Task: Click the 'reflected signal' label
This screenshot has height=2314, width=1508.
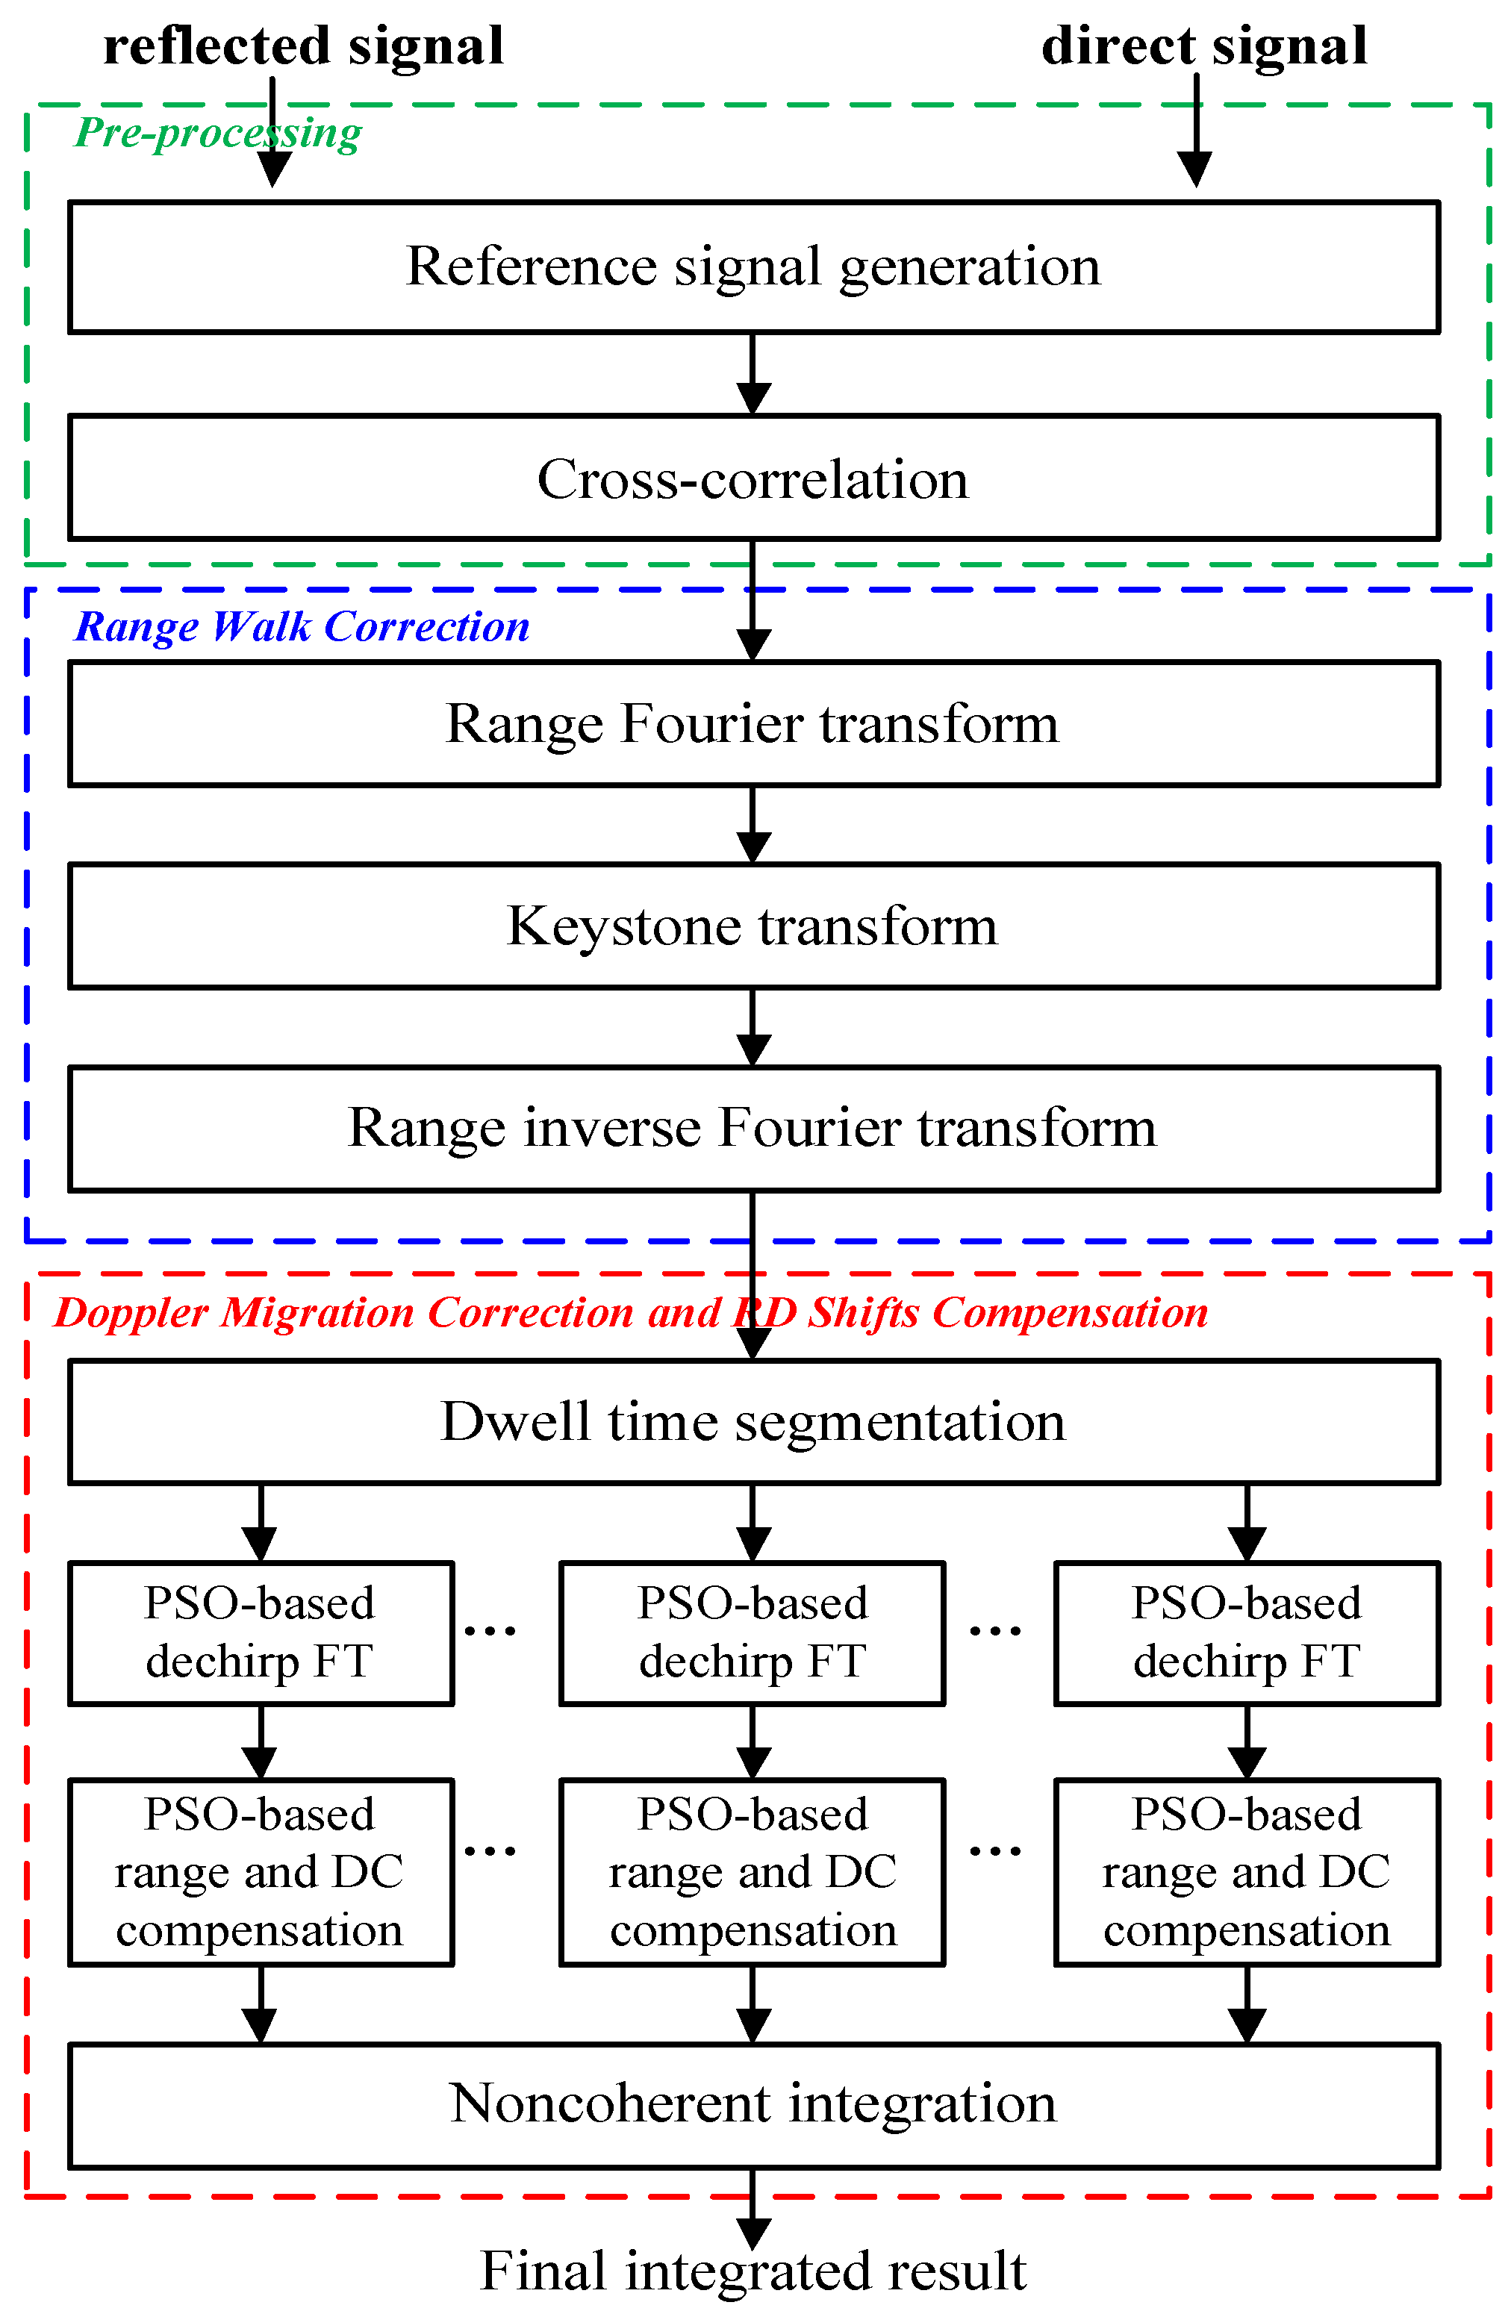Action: [303, 47]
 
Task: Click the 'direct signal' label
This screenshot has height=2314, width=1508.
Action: [1203, 47]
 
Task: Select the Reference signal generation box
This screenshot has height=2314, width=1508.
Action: [753, 266]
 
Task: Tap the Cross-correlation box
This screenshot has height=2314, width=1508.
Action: [753, 478]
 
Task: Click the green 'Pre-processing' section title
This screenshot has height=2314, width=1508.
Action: [218, 133]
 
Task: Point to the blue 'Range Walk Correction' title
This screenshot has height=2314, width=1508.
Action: [302, 627]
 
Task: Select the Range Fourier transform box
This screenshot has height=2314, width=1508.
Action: [753, 723]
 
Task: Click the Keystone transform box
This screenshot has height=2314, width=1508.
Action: [753, 926]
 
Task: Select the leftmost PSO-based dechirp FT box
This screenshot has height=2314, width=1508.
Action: [261, 1632]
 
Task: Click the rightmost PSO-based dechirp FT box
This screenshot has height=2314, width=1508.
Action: [1247, 1632]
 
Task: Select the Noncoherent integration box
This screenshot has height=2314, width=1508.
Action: [753, 2105]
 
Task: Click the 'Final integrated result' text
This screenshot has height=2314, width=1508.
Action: [753, 2271]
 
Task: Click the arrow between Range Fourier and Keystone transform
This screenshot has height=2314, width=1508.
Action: [753, 825]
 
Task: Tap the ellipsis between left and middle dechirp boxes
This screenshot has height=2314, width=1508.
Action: [490, 1630]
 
